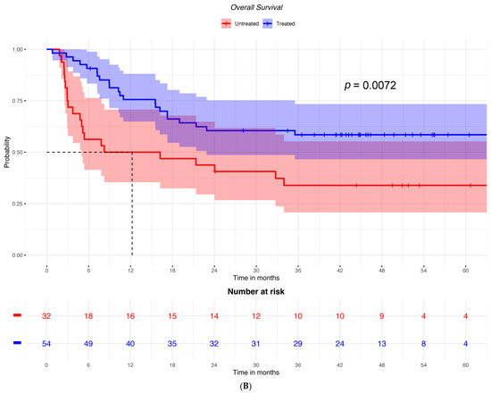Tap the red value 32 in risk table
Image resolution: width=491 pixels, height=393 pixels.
pos(47,315)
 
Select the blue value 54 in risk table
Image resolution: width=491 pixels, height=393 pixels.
pos(47,343)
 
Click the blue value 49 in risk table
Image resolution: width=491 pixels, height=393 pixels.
pos(89,343)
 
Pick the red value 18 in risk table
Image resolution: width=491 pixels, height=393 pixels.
pos(89,315)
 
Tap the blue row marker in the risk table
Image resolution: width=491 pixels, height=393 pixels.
pos(18,343)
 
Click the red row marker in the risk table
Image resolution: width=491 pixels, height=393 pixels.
pos(18,315)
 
